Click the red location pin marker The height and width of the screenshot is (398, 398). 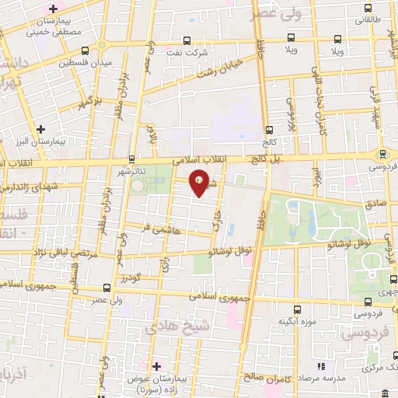(x=200, y=182)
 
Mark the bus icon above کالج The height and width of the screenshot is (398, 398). (x=270, y=129)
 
